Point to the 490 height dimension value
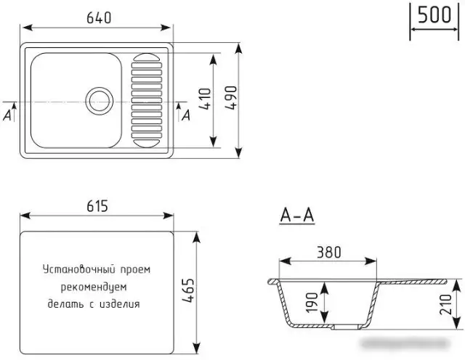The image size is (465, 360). click(x=231, y=98)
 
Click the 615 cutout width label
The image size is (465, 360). click(x=96, y=207)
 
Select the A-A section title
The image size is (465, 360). click(x=296, y=216)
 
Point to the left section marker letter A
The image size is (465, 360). click(x=7, y=115)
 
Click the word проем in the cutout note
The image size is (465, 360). click(x=133, y=269)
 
